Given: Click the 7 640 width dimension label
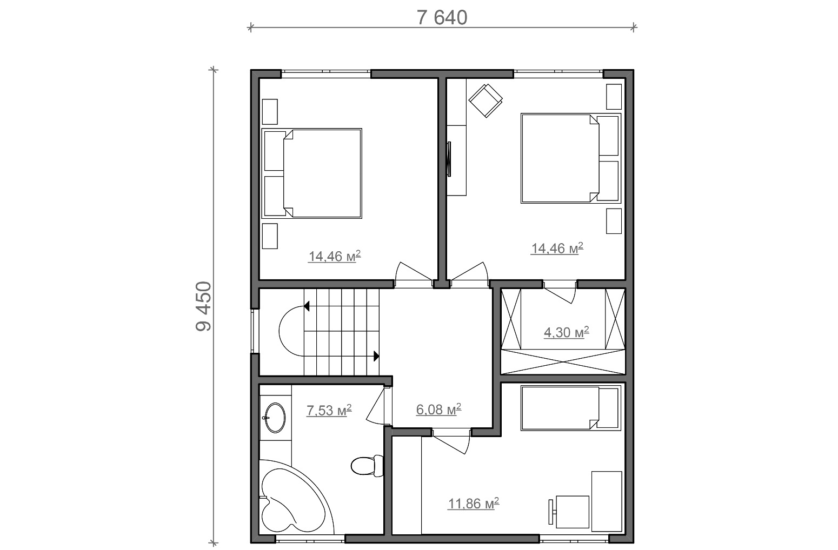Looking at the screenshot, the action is [x=442, y=18].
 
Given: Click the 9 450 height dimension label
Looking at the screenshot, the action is [x=204, y=306].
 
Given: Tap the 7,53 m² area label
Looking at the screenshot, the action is [x=329, y=410].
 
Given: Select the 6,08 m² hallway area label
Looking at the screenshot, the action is [x=438, y=410].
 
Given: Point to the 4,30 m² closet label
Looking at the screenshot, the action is [x=567, y=332].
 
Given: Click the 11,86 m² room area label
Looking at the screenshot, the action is [x=474, y=503].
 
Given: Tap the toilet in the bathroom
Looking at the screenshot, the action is [x=368, y=466].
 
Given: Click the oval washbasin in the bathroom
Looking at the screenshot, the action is [x=275, y=418].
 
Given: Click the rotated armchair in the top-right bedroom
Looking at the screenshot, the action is [x=485, y=100].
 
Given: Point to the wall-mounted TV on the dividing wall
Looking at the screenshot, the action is [x=449, y=159].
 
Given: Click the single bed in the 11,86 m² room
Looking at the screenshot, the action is [x=571, y=408].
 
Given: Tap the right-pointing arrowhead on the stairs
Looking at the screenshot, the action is [x=377, y=357].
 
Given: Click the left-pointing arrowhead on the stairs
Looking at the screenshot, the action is [x=307, y=306].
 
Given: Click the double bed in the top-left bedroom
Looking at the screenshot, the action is [x=311, y=173].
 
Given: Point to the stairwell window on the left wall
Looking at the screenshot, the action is [x=255, y=331].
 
